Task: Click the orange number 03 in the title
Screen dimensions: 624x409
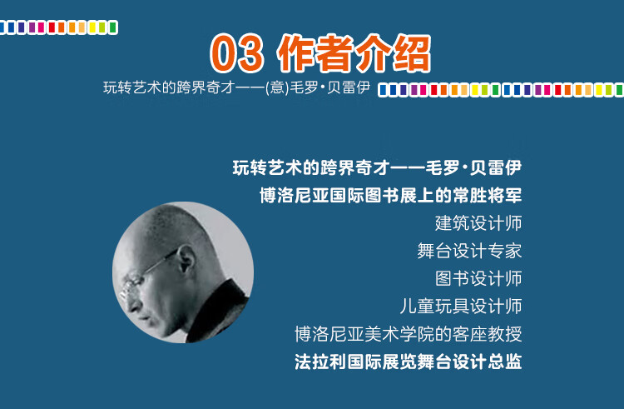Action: point(237,53)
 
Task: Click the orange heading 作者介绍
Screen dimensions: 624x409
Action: point(354,53)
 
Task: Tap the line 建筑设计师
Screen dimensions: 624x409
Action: point(478,223)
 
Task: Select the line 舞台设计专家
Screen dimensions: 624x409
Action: point(469,251)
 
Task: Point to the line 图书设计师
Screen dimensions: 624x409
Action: point(478,278)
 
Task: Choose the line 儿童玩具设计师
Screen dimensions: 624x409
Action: point(460,307)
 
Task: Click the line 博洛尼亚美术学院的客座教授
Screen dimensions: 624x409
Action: point(409,334)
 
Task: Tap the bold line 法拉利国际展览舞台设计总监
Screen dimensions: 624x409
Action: point(409,362)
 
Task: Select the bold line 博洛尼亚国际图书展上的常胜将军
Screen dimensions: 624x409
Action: point(391,196)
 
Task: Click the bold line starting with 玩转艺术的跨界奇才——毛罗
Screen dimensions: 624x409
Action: point(377,167)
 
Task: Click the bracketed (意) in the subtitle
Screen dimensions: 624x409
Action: point(277,87)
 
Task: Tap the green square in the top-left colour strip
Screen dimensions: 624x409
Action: point(112,27)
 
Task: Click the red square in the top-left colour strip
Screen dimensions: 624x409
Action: point(52,27)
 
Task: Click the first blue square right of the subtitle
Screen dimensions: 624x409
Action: point(384,90)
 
